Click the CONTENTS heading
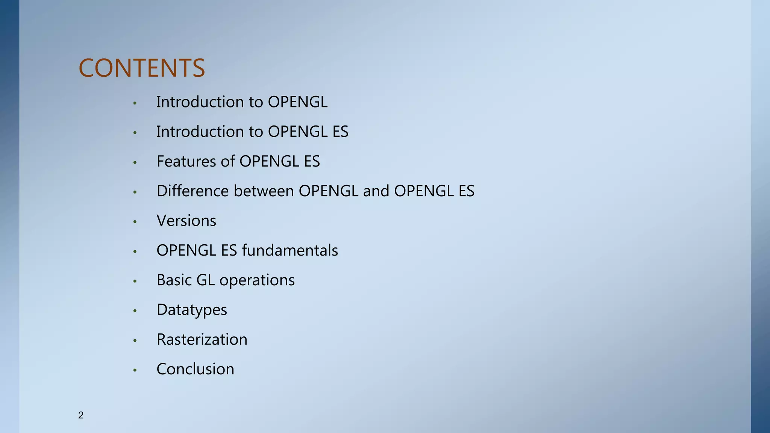[x=142, y=68]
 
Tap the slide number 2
[x=81, y=415]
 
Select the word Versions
[x=186, y=221]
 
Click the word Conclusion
[x=195, y=369]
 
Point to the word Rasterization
[x=202, y=339]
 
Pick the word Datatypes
[x=192, y=310]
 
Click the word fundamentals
[x=290, y=250]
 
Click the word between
[x=264, y=191]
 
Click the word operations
[x=257, y=280]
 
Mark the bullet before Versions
[x=135, y=222]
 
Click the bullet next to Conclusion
[x=135, y=370]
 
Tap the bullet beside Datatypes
[x=135, y=311]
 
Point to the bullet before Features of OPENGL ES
[x=135, y=162]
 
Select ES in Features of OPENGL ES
[x=312, y=161]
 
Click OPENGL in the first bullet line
[x=297, y=102]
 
